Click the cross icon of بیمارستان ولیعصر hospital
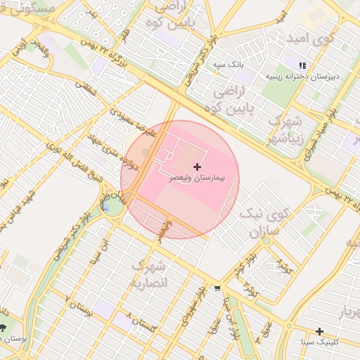pos(196,167)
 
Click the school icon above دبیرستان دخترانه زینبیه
pos(303,65)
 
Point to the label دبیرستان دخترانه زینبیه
pos(302,75)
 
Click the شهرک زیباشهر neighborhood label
pos(284,128)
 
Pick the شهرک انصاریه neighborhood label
pos(149,274)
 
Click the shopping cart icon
pos(217,288)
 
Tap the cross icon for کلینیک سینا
pos(319,330)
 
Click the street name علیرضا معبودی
pos(134,121)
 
